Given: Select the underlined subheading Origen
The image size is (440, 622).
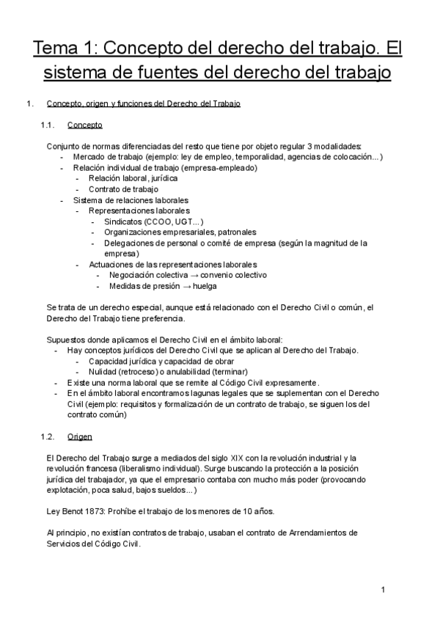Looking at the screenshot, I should coord(79,436).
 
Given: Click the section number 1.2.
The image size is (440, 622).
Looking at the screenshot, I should coord(48,436).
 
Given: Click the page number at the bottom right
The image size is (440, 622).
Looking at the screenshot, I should coord(383,590).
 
